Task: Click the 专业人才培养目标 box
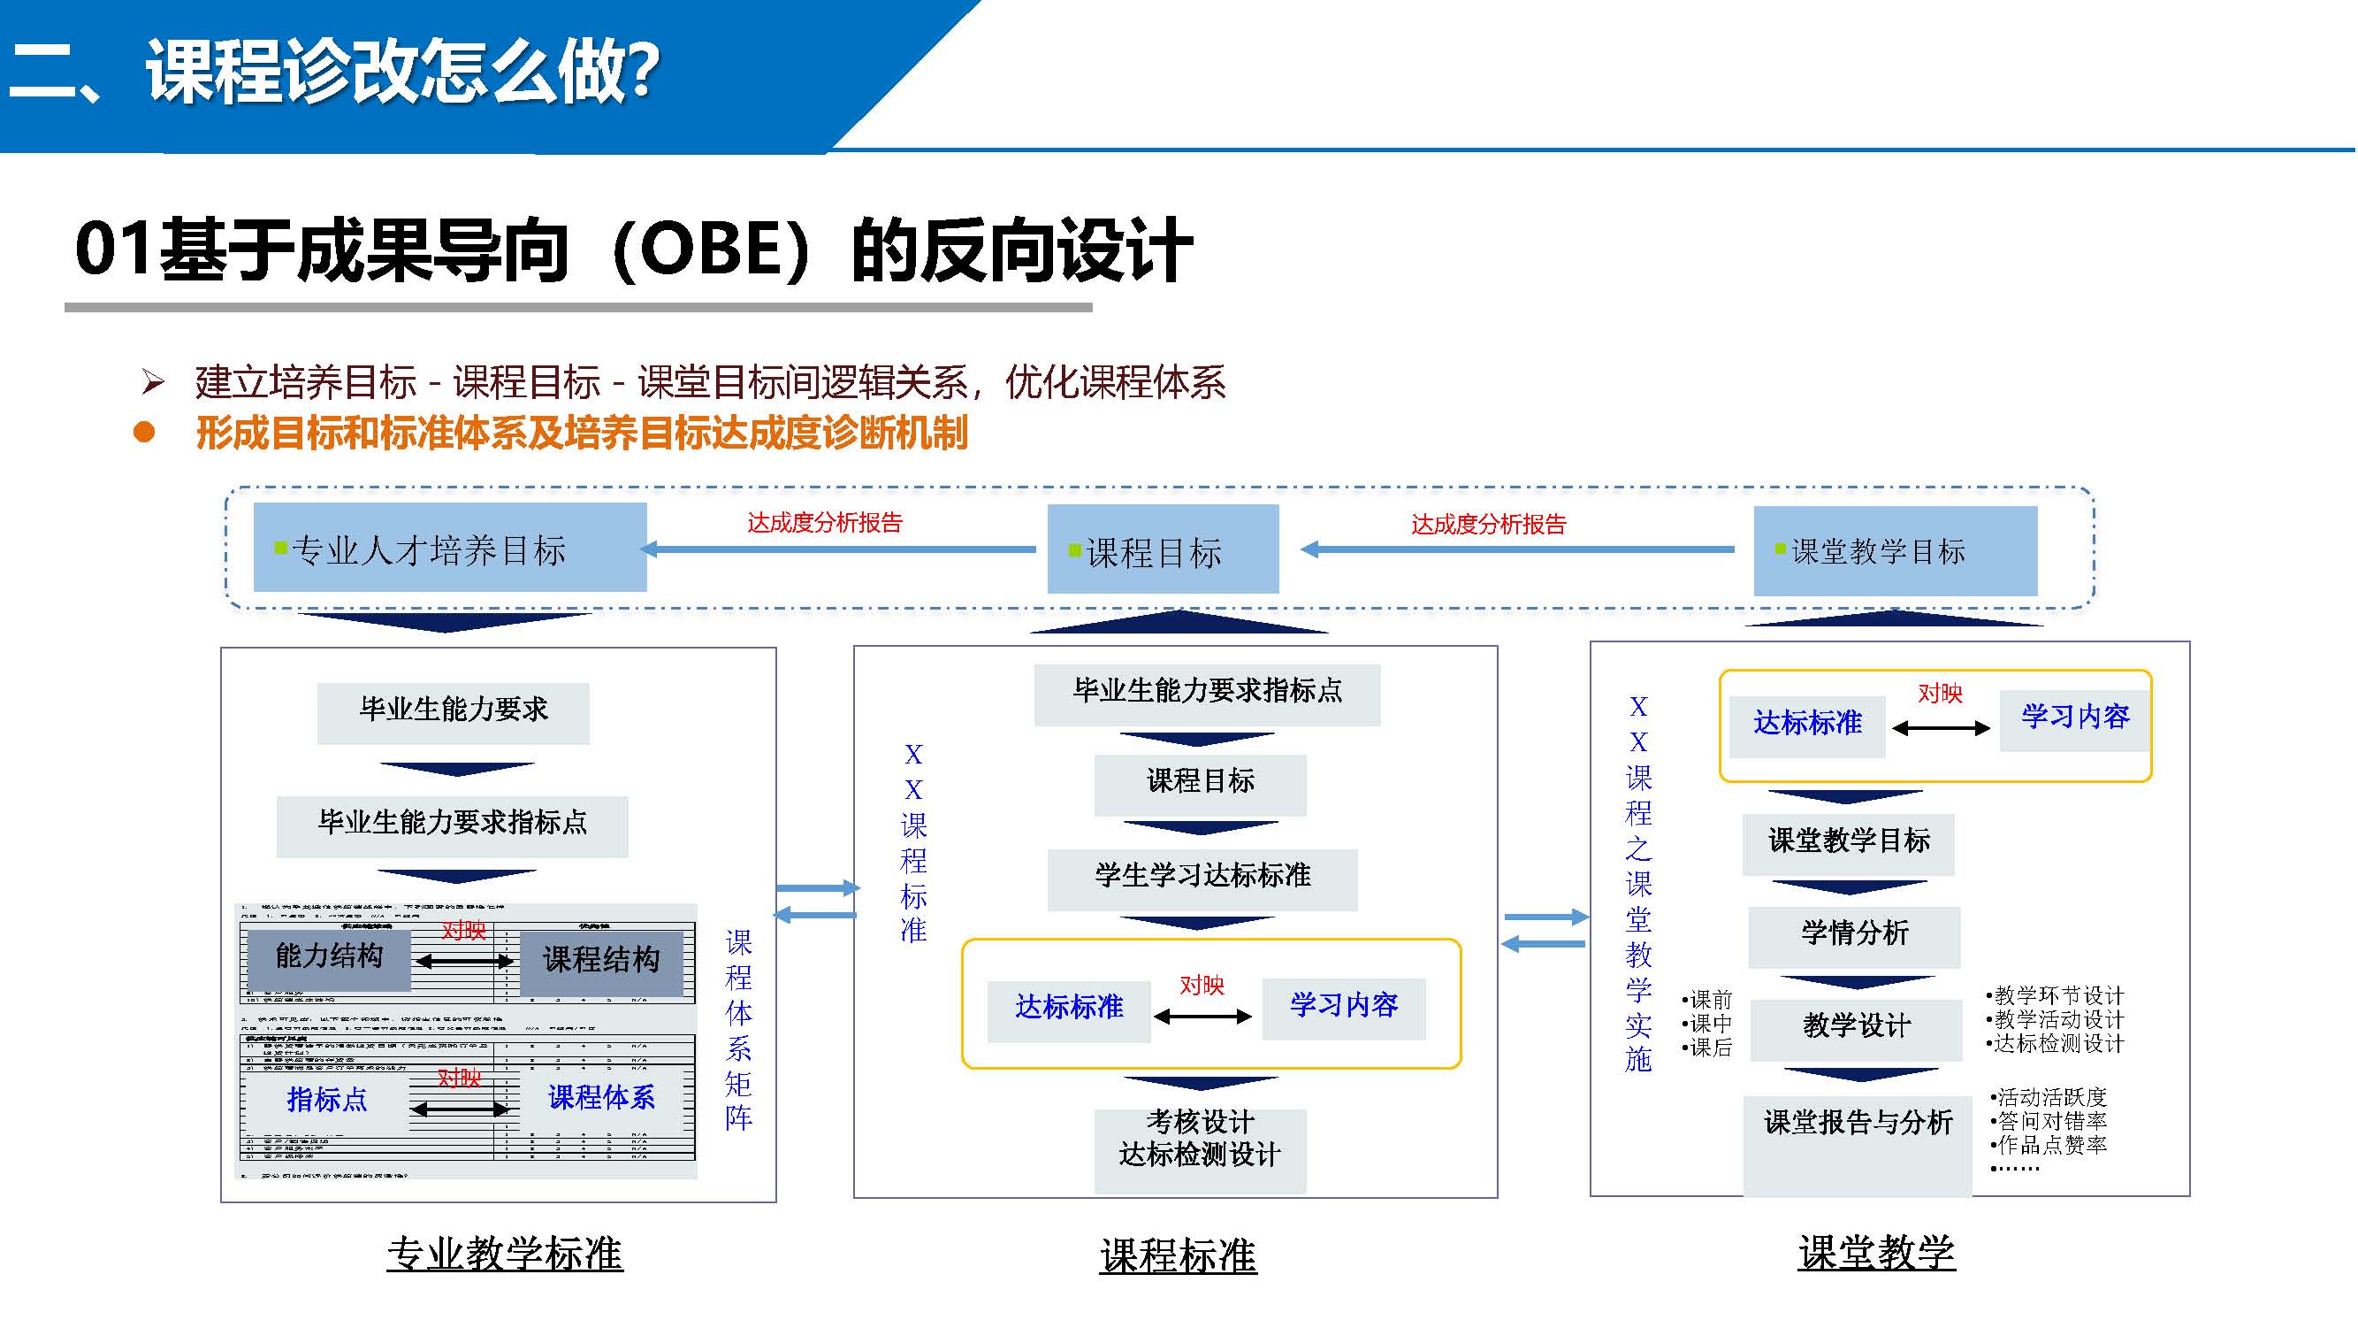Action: pos(449,548)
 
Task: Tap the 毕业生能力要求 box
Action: pos(453,712)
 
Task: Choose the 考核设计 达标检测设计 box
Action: pos(1200,1149)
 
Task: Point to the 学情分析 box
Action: pos(1855,935)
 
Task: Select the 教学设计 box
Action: pos(1857,1028)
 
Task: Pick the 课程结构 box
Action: pos(601,962)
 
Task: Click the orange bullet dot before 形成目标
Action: pos(144,434)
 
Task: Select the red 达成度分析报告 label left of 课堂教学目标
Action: pos(1488,525)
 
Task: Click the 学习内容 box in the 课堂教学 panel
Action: pos(2075,720)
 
